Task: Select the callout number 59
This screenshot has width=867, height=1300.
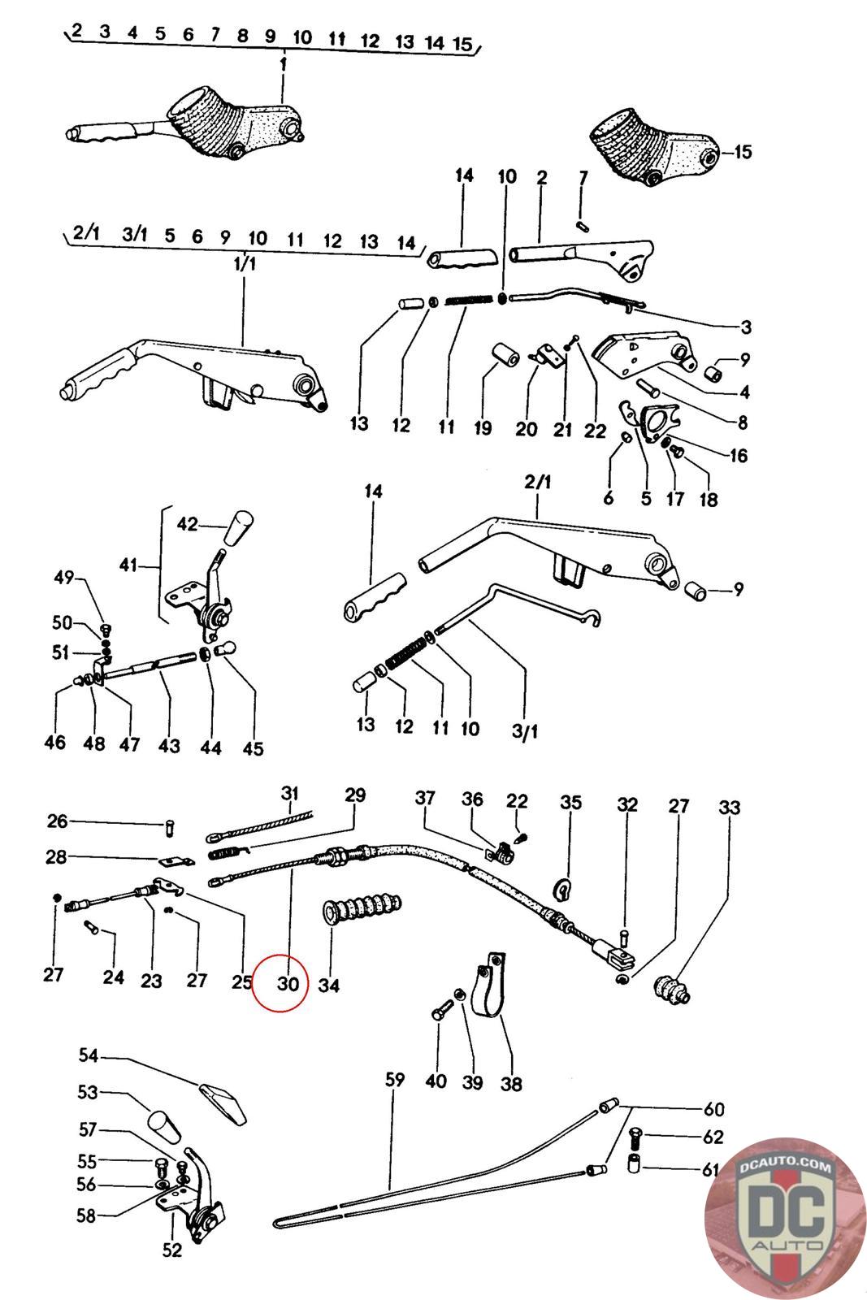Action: pos(395,1080)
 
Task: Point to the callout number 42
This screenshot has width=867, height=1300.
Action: pos(187,524)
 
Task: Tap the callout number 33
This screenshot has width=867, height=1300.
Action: pos(730,808)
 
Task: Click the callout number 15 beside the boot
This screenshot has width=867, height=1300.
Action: pos(742,152)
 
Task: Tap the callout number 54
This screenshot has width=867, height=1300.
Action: pos(89,1055)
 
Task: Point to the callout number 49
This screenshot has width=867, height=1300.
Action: pos(64,578)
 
